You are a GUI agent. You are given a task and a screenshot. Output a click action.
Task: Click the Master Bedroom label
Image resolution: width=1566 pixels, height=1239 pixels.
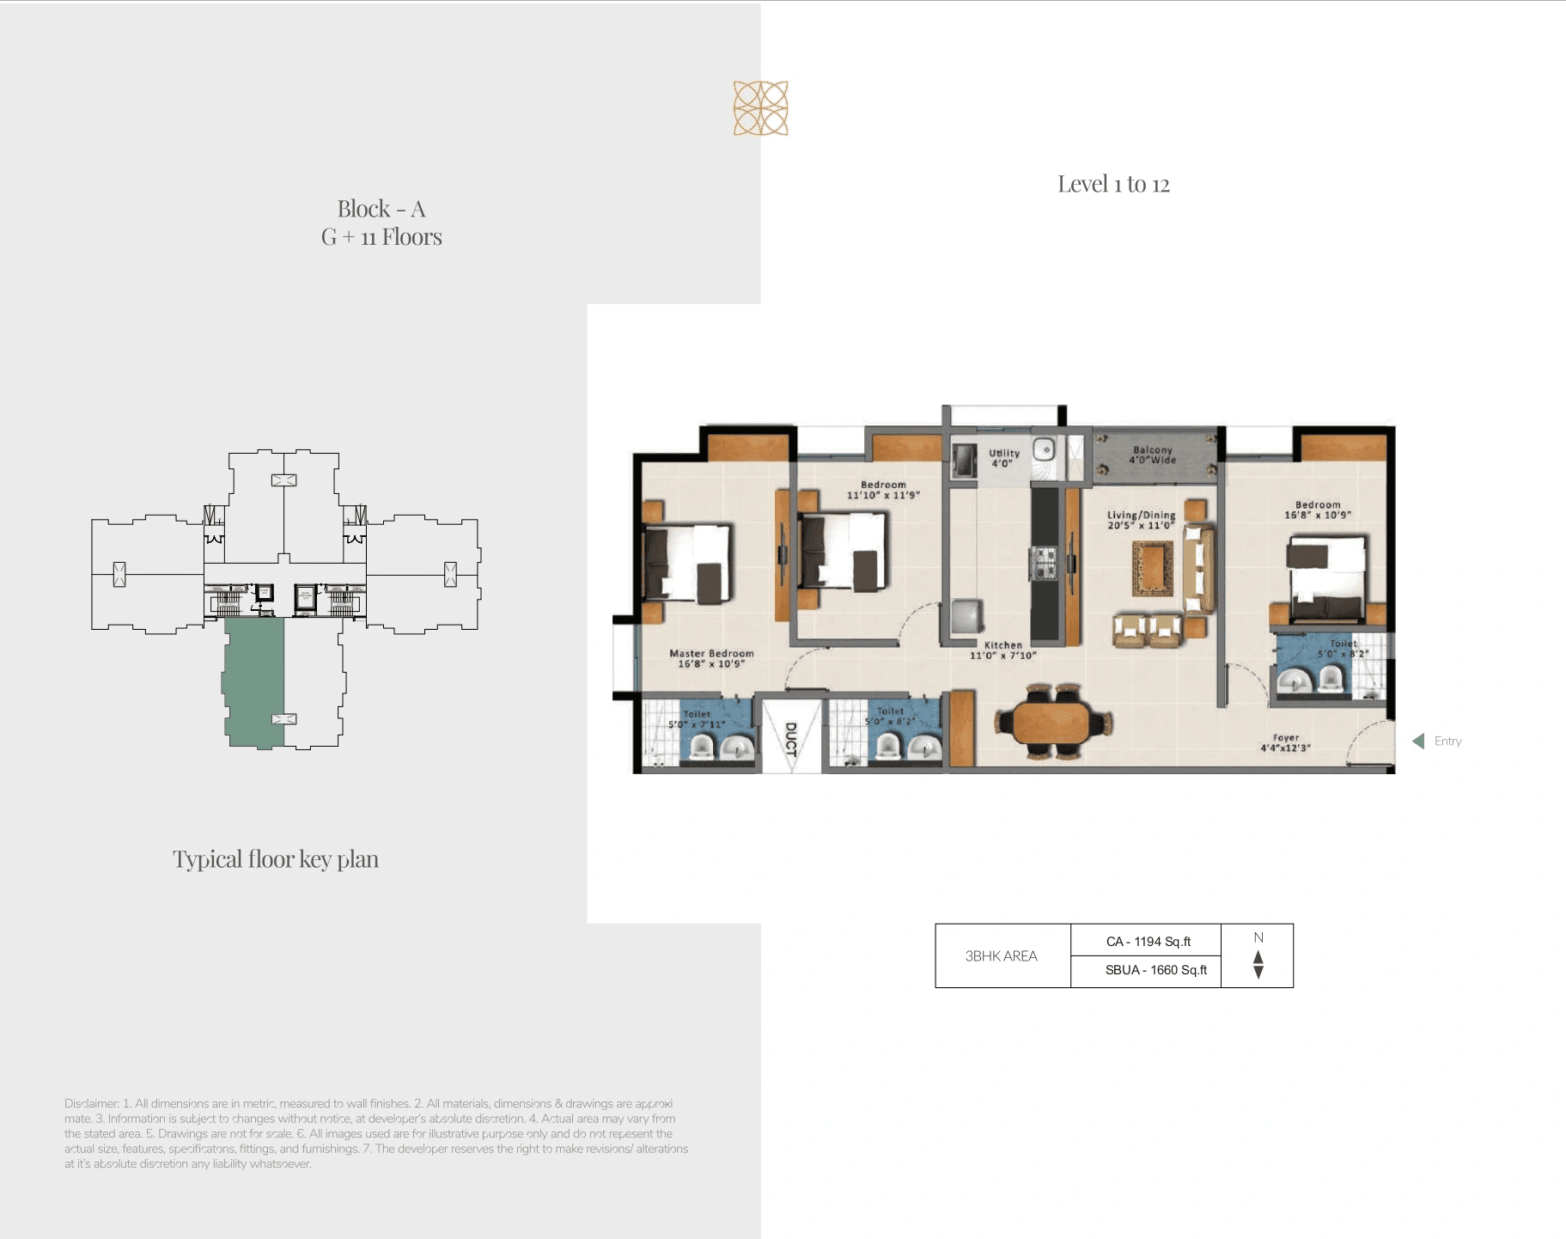point(711,658)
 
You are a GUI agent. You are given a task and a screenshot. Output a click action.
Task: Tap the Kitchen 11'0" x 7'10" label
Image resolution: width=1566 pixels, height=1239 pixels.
point(1002,650)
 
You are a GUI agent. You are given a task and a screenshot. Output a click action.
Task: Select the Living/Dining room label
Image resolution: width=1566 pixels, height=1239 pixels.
point(1141,520)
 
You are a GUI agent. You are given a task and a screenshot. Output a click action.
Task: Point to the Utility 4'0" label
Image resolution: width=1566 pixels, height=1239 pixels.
point(1003,457)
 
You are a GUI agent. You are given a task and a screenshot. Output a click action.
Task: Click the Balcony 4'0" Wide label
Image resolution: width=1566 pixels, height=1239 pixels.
point(1152,455)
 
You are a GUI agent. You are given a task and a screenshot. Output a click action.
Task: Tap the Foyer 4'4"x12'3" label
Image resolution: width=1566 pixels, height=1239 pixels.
point(1285,742)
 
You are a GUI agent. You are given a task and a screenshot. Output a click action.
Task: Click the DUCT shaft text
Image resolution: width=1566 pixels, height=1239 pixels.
point(791,739)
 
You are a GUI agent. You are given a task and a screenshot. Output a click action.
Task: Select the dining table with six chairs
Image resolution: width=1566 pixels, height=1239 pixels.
point(1053,722)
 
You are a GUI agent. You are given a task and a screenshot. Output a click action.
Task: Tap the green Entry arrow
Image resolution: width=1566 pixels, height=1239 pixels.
point(1418,741)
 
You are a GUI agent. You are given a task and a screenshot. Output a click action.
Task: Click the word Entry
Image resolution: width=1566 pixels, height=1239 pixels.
point(1447,741)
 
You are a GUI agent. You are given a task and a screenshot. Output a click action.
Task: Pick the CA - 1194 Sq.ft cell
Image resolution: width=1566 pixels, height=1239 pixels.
point(1148,941)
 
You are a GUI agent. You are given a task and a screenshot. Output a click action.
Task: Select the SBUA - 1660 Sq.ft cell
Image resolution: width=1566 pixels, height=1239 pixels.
point(1155,970)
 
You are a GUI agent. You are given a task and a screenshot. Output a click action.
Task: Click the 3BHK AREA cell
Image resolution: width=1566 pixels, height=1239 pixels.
point(1001,955)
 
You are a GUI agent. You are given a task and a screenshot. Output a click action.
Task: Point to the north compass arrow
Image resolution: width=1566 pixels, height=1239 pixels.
point(1258,963)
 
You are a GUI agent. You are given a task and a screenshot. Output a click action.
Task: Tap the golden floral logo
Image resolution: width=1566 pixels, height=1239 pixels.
point(760,108)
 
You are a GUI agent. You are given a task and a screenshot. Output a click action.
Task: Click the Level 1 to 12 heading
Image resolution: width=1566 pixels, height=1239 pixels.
point(1112,184)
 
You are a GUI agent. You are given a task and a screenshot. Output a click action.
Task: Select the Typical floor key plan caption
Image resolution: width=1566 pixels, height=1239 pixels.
point(275,859)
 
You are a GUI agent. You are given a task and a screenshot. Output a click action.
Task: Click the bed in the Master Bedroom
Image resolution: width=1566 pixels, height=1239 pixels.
point(687,563)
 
